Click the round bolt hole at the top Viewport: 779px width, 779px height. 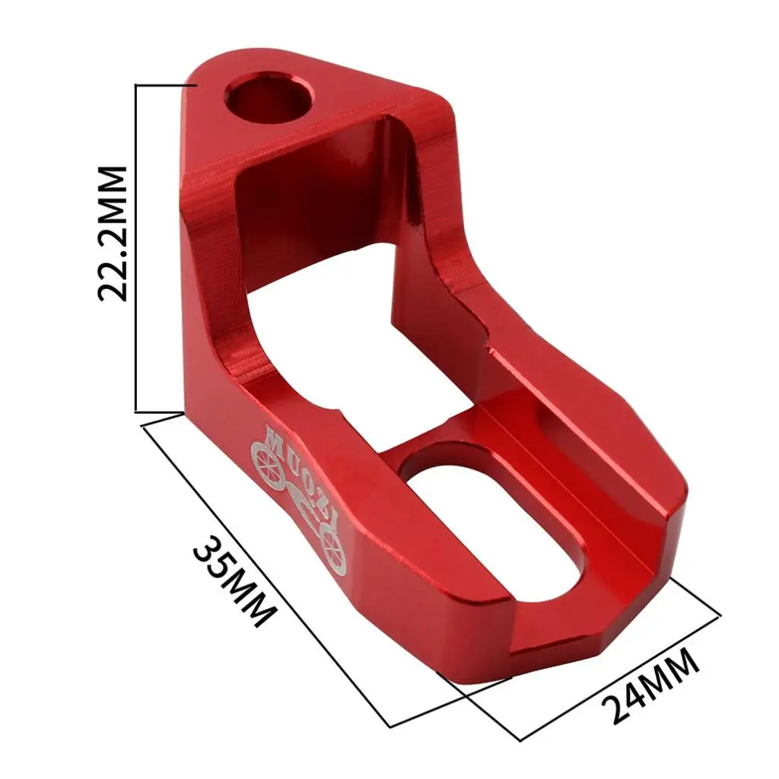269,97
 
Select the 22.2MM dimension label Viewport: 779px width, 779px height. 113,234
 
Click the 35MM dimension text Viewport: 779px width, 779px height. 234,580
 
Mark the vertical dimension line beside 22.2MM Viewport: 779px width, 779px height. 135,249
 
